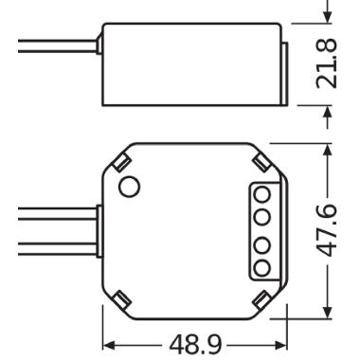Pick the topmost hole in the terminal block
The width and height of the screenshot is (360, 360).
pyautogui.click(x=262, y=192)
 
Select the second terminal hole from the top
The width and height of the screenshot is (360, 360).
pyautogui.click(x=262, y=216)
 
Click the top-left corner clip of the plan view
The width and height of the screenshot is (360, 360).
pyautogui.click(x=121, y=161)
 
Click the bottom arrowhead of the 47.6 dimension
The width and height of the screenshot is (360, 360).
pyautogui.click(x=328, y=312)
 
